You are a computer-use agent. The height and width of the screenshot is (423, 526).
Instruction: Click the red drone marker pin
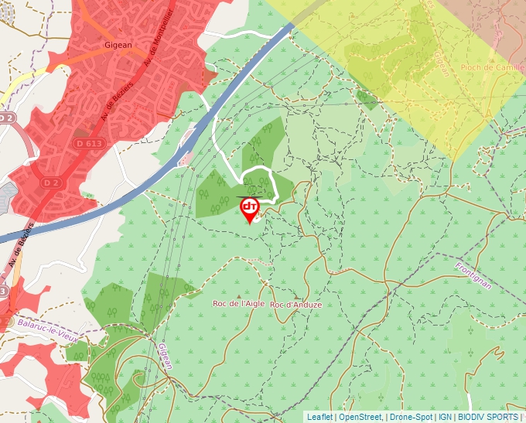(x=250, y=208)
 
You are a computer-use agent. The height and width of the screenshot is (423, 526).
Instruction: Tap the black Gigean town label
(x=119, y=45)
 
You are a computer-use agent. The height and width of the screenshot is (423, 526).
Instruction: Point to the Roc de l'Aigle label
(x=239, y=304)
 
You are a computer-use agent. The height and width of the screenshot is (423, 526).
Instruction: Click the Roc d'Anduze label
(x=296, y=305)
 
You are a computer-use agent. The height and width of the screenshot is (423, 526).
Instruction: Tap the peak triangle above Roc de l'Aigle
(x=238, y=295)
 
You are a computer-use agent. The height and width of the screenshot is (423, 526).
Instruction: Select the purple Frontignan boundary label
(x=473, y=275)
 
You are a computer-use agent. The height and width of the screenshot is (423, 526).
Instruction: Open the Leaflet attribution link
(x=319, y=417)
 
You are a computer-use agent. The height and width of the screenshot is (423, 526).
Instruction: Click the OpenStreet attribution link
(x=360, y=417)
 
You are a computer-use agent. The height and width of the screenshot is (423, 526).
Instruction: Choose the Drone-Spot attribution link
(x=411, y=417)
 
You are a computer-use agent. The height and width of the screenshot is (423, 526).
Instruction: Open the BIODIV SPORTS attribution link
(x=487, y=417)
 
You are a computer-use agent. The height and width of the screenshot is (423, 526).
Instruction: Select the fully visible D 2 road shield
(x=51, y=183)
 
